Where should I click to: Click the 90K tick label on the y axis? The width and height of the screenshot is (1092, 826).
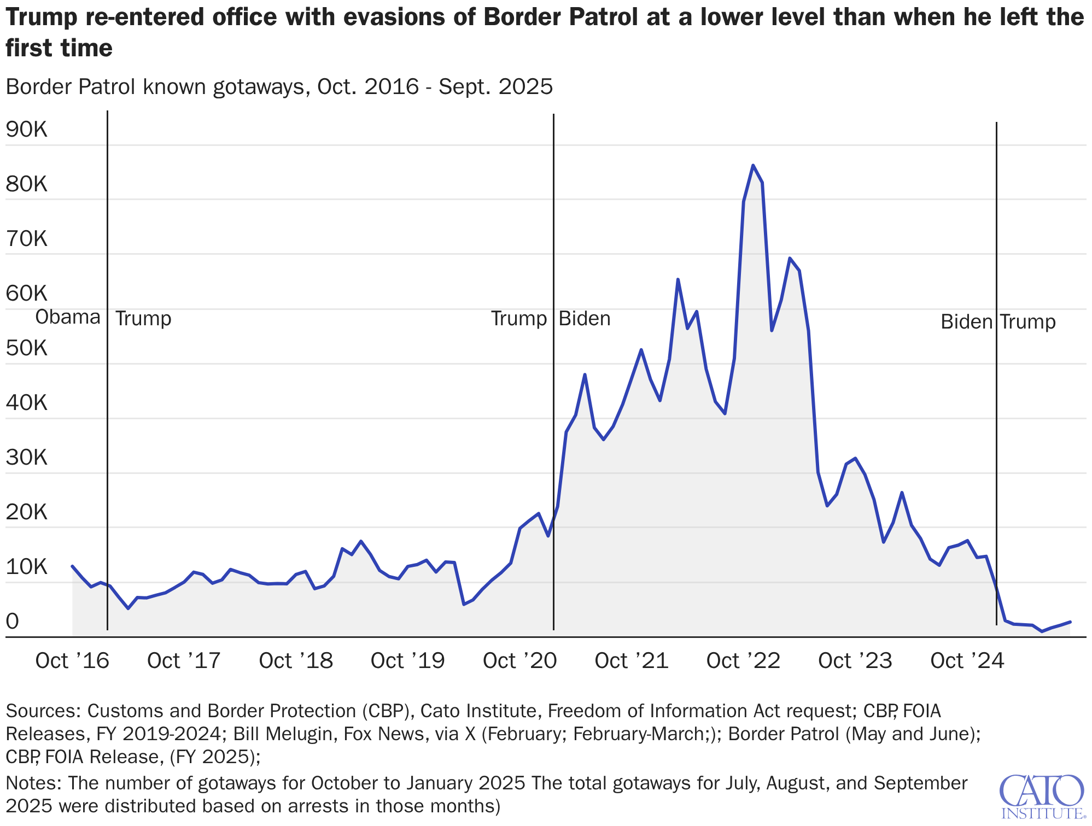26,130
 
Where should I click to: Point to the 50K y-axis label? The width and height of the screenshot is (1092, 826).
26,348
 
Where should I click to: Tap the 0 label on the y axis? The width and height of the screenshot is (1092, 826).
12,622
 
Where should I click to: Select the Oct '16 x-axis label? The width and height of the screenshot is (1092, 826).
72,661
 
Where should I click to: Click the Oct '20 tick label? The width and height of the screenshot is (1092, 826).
519,661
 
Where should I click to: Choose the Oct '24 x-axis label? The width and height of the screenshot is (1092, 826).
967,661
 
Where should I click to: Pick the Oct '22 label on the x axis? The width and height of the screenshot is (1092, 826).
743,661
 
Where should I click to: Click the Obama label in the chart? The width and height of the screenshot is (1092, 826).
68,318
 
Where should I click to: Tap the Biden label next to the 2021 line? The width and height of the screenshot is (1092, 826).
584,319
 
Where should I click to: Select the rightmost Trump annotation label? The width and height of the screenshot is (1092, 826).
1028,322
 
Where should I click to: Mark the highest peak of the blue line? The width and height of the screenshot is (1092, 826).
753,165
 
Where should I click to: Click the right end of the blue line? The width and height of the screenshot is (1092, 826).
1070,622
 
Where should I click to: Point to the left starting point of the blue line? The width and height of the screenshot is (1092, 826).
73,566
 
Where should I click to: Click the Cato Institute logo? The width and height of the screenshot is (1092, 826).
1042,796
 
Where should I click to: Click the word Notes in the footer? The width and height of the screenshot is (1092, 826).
32,783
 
